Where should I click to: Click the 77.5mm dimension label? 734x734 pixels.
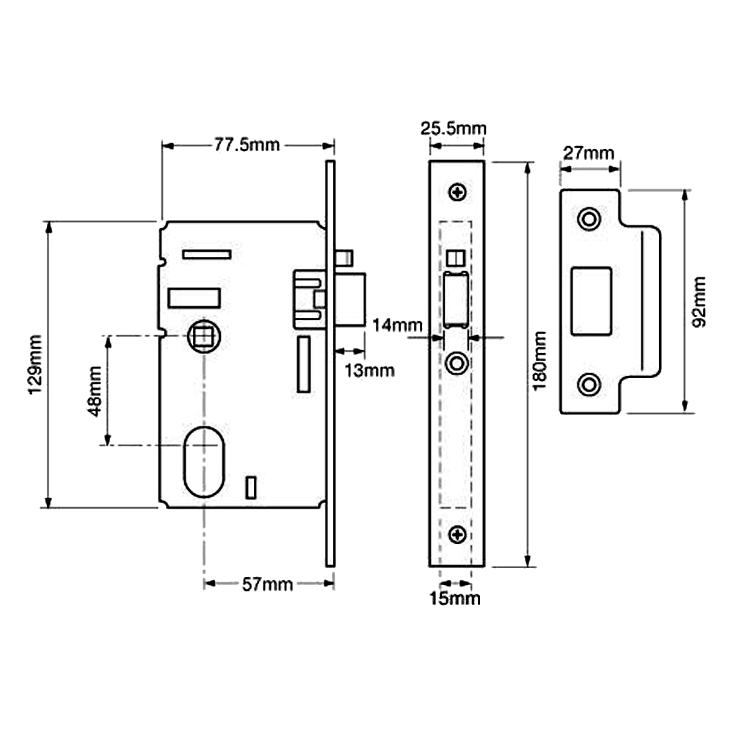pos(247,145)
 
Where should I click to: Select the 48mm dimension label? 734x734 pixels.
pos(94,390)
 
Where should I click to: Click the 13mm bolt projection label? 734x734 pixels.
pos(368,371)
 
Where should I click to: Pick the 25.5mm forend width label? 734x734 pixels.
pos(452,130)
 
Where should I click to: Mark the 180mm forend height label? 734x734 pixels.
pos(541,362)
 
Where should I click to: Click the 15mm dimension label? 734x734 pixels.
pos(454,599)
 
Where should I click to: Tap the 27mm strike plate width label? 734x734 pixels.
pos(589,154)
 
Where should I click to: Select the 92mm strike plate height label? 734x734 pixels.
pos(698,301)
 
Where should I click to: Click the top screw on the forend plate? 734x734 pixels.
pos(459,193)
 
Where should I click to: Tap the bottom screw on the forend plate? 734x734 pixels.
pos(458,534)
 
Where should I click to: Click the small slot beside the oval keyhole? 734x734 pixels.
pos(251,487)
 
